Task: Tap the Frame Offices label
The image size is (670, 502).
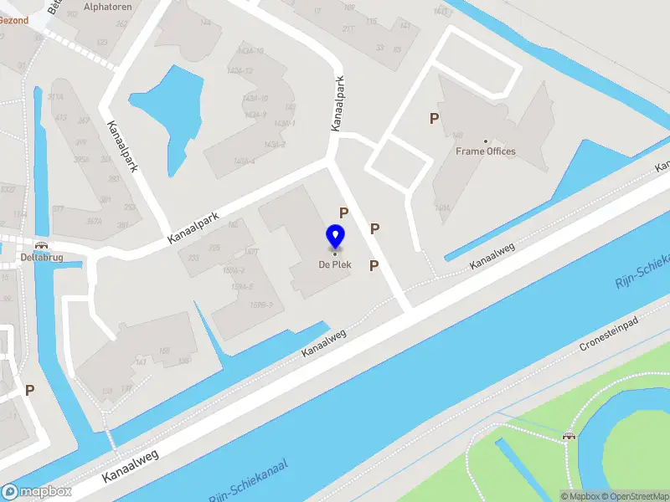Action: tap(486, 151)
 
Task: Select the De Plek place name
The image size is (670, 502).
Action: tap(335, 265)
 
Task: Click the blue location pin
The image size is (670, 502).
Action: tap(335, 237)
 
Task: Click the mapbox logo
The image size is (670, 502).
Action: tap(35, 492)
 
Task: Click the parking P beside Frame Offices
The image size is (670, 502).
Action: tap(434, 119)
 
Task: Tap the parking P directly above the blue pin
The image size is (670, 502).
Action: tap(343, 213)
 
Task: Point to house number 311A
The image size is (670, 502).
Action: tap(55, 98)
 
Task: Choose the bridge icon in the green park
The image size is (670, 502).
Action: tap(569, 434)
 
